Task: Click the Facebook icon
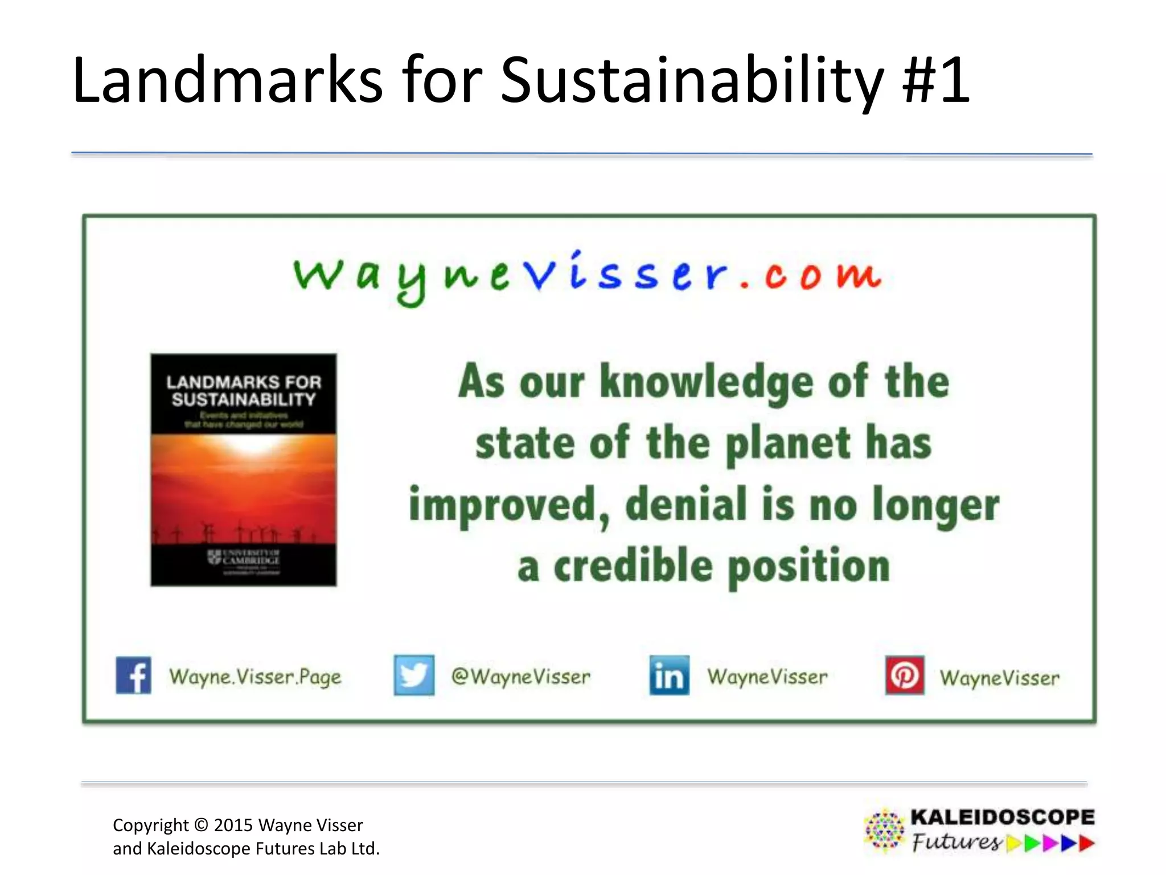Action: [x=133, y=676]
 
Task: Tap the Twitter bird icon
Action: [x=414, y=676]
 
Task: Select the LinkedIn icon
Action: [x=669, y=676]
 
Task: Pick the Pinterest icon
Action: [x=905, y=676]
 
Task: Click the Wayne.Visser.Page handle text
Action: [x=255, y=677]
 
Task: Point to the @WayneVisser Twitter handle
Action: [x=521, y=677]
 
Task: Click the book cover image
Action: [x=244, y=470]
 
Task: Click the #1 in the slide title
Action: [x=936, y=80]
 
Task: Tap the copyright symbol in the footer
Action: [x=201, y=825]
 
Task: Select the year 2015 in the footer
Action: [x=233, y=825]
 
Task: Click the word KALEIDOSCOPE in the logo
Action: [x=1002, y=817]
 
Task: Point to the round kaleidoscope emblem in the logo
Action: [x=884, y=830]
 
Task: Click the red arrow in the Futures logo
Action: [x=1087, y=843]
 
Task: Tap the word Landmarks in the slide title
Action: [x=228, y=80]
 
